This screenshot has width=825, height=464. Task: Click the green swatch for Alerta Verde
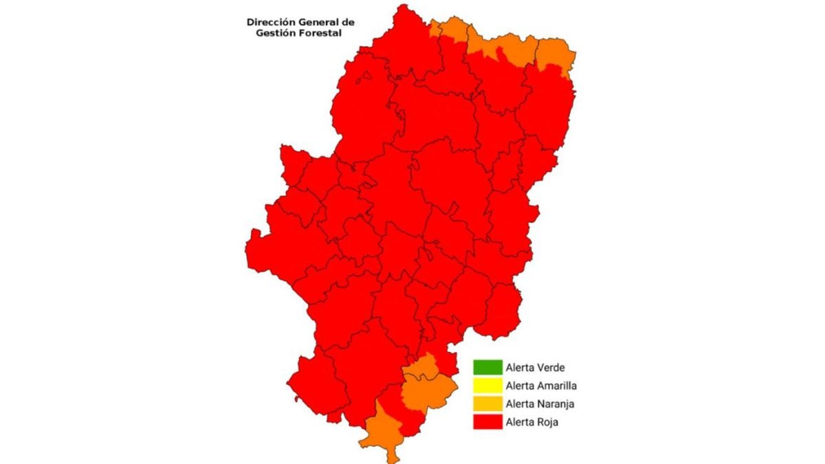[487, 368]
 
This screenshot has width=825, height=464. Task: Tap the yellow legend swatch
[487, 386]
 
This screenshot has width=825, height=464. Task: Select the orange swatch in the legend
[487, 404]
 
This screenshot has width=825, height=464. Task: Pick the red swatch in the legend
[487, 421]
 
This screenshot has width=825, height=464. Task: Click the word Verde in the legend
[551, 368]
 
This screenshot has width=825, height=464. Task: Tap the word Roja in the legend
[547, 422]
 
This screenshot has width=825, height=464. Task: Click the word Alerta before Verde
[519, 368]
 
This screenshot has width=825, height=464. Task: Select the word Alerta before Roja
[519, 422]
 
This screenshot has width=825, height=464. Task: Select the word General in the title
[322, 22]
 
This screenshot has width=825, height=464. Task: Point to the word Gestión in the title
[275, 32]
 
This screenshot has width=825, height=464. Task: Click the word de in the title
[349, 22]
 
